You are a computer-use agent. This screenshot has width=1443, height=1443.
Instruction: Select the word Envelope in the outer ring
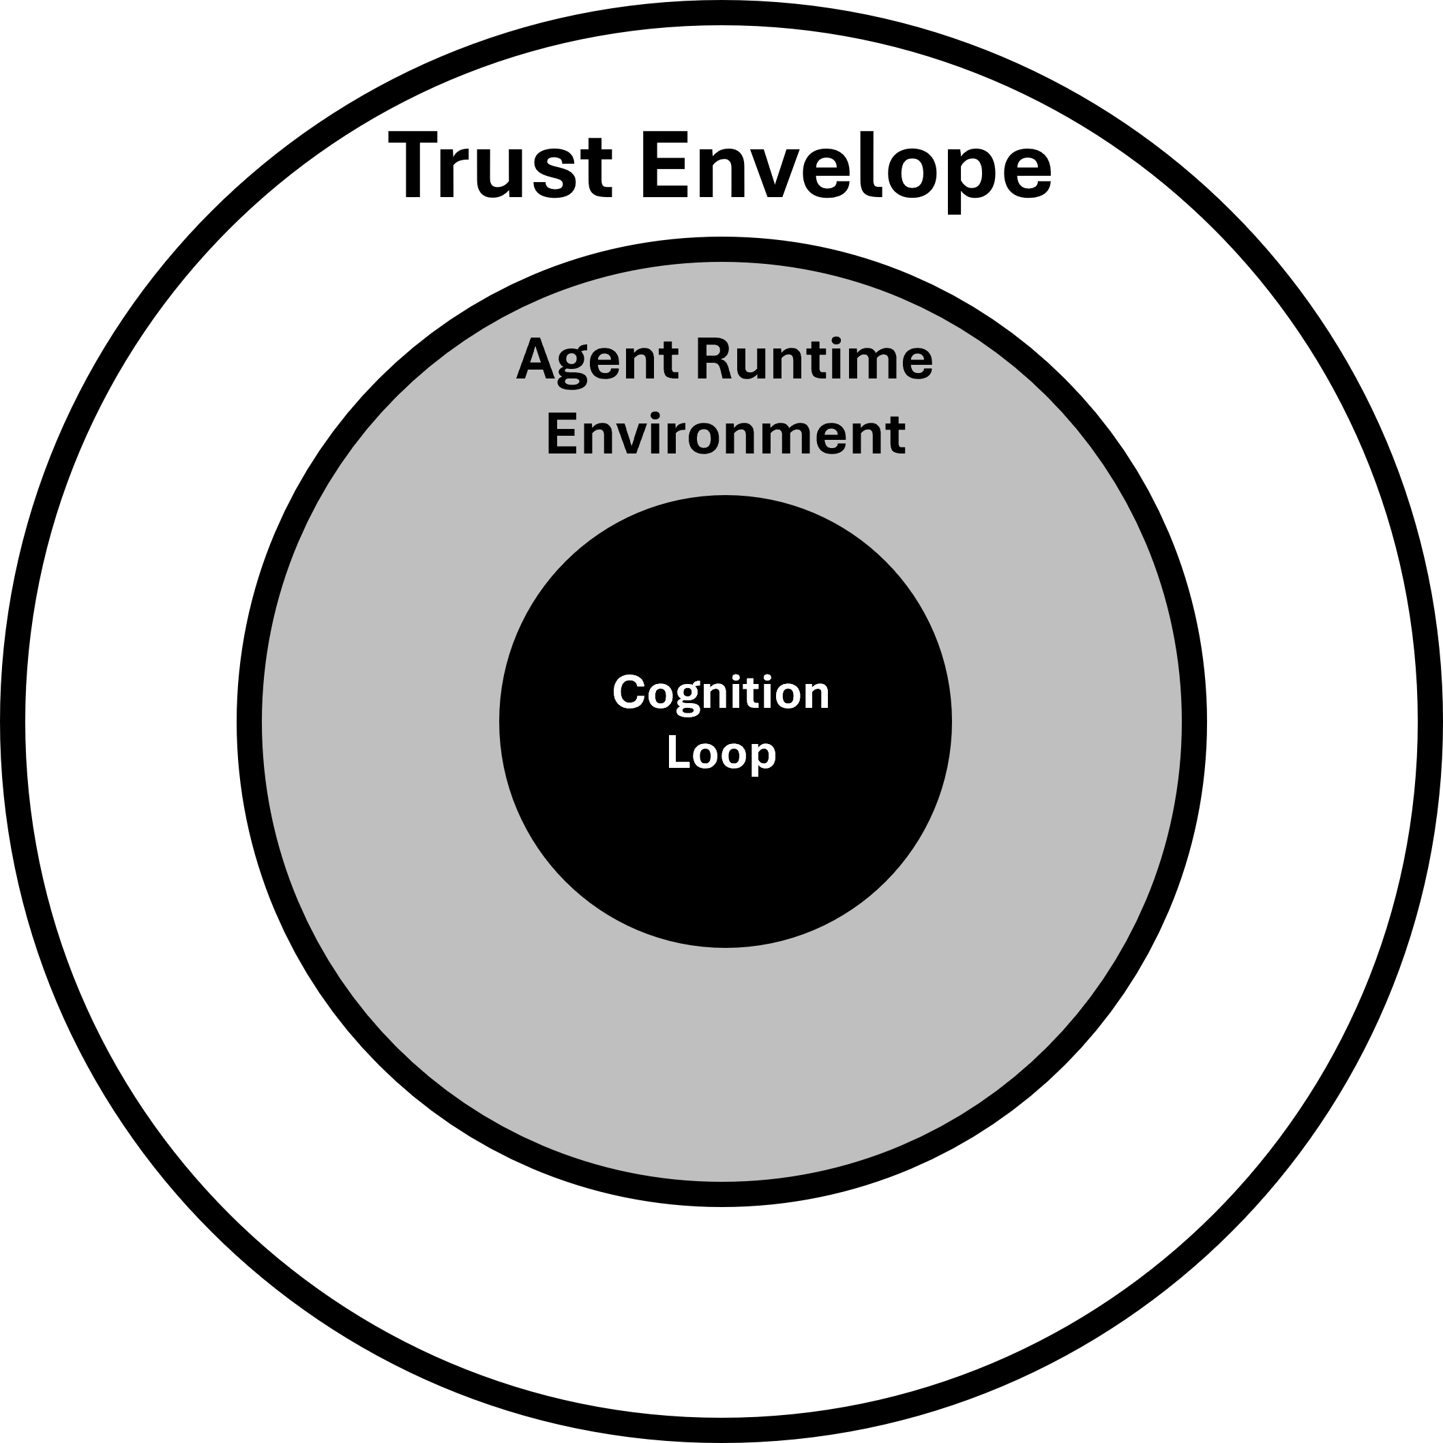pos(846,166)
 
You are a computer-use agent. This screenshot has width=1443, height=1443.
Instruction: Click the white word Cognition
pos(721,693)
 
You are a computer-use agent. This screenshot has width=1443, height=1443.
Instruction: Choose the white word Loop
pos(721,752)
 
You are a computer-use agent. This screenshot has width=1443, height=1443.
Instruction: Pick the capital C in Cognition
pos(628,693)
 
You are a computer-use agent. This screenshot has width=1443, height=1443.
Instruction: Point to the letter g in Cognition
pos(691,698)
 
